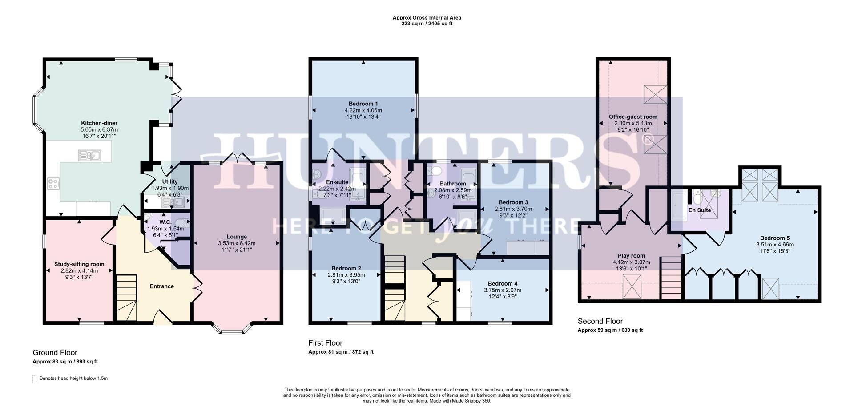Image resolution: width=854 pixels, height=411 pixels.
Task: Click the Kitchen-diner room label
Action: [x=99, y=123]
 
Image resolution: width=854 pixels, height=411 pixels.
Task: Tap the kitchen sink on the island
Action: [x=90, y=155]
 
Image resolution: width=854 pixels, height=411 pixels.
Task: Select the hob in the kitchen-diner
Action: [x=53, y=184]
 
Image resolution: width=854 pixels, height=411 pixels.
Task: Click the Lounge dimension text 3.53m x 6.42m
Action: [x=237, y=243]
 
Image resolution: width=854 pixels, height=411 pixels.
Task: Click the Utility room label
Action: [x=170, y=181]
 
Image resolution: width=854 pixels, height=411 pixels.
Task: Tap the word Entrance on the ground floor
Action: [x=161, y=286]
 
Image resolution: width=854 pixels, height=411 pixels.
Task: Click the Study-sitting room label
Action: [x=79, y=264]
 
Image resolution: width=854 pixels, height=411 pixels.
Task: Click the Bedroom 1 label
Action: [x=363, y=104]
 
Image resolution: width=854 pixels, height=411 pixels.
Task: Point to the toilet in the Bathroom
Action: [x=436, y=171]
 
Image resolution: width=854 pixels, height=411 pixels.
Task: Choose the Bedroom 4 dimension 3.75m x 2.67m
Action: [x=503, y=290]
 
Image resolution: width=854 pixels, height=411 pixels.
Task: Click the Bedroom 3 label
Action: [x=513, y=202]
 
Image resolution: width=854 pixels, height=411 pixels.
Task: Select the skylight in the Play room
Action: [x=632, y=286]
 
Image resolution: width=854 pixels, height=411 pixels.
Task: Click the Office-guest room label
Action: [x=633, y=117]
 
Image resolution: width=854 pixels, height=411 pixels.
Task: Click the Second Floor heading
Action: [x=600, y=321]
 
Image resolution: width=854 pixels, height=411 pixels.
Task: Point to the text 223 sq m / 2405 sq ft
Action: [x=427, y=24]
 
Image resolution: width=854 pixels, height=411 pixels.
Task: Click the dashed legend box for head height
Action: [x=34, y=379]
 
